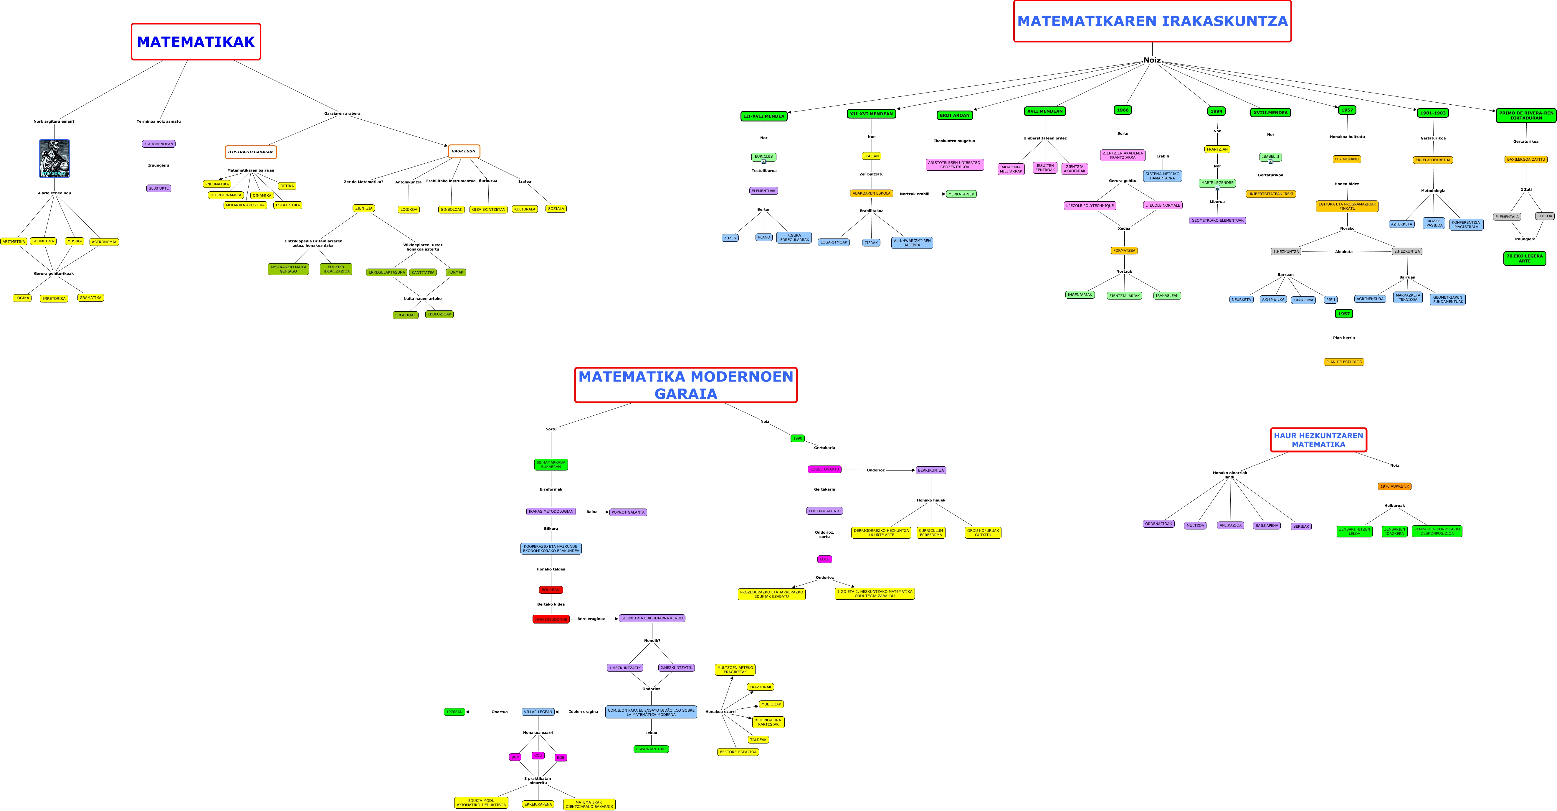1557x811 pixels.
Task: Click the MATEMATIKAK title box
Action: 196,42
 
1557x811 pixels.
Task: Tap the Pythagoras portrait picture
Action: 54,158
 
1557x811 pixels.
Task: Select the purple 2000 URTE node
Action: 159,188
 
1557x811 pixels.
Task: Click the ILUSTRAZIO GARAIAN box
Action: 251,152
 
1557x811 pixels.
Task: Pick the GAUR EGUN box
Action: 464,151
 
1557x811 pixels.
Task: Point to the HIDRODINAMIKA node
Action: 226,195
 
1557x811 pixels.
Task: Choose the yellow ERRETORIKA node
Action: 54,298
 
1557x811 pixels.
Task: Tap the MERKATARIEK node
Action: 961,194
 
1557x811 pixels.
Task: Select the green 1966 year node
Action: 1123,110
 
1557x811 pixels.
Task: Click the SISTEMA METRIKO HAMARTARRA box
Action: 1162,176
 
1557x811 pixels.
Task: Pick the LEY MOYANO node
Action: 1347,159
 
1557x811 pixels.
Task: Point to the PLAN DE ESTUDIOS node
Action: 1344,362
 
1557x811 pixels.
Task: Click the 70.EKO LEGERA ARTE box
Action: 1524,258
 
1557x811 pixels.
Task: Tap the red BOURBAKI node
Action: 551,590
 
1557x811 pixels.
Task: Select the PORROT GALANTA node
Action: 628,512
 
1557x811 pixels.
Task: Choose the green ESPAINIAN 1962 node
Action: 651,749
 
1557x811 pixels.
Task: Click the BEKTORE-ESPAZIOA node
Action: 738,752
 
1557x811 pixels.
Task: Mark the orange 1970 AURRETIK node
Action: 1394,486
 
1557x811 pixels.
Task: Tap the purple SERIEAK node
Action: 1301,526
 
